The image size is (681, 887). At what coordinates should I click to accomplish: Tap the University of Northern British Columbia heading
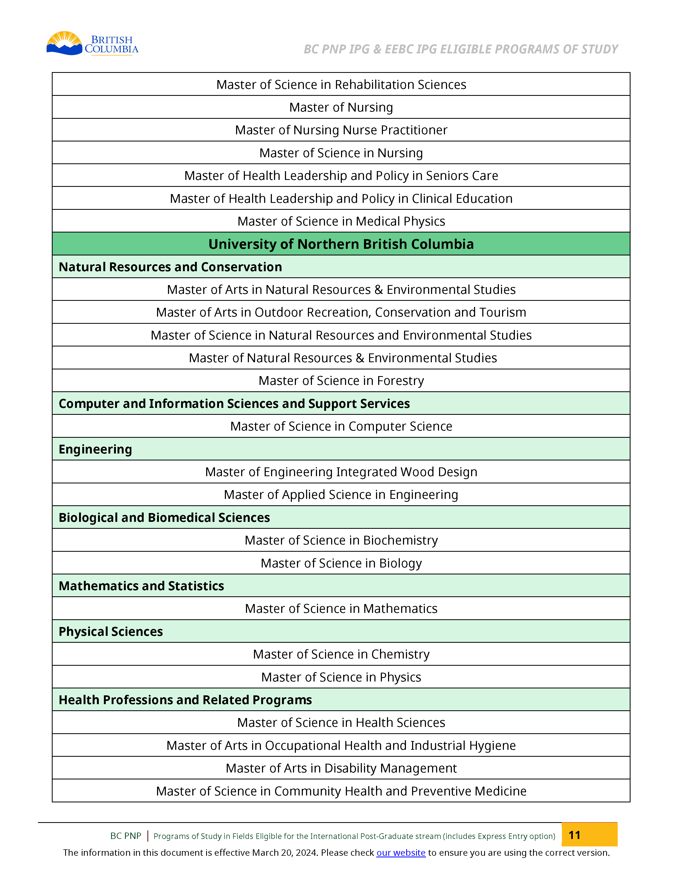coord(341,244)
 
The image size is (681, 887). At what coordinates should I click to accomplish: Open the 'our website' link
coord(401,853)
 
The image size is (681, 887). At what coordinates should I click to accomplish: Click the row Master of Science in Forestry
coord(341,380)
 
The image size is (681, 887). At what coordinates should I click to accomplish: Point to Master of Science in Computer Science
coord(341,426)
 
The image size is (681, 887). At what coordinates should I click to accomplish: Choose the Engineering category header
coord(96,449)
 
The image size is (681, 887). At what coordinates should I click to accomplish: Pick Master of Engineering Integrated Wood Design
coord(341,472)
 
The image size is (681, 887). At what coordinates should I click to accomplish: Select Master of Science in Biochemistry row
coord(341,540)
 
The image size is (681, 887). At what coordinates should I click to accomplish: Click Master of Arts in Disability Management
coord(341,768)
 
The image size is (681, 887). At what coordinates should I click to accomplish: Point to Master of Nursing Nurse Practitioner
coord(341,130)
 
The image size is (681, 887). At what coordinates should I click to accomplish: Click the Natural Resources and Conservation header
coord(170,267)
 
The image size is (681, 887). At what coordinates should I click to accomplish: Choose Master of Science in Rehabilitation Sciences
coord(341,85)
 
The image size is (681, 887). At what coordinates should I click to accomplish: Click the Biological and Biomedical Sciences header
coord(164,518)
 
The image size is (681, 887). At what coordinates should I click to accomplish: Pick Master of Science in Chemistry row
coord(341,654)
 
